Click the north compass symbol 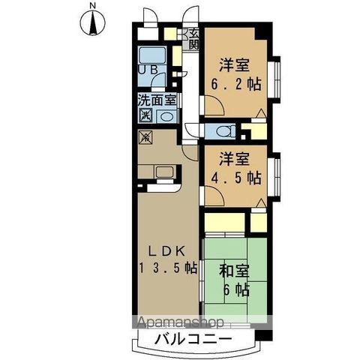[x=92, y=22]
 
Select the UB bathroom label [x=148, y=70]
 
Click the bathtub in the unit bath [x=152, y=55]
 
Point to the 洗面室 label [x=157, y=100]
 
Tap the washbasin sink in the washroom [x=166, y=116]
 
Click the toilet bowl [x=223, y=131]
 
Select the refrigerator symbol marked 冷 [x=145, y=137]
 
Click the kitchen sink [x=164, y=172]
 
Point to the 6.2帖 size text [x=236, y=84]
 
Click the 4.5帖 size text [x=236, y=178]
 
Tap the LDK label [x=167, y=251]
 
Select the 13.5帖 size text [x=168, y=268]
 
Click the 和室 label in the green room [x=234, y=271]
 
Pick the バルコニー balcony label [x=193, y=339]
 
